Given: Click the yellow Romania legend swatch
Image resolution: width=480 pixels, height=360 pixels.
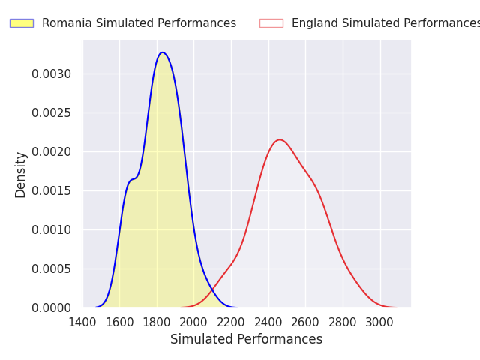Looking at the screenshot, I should pyautogui.click(x=21, y=23).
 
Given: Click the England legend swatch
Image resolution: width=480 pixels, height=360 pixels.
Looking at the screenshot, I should pyautogui.click(x=271, y=23).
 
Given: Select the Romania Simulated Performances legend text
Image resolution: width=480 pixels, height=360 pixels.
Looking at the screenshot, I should pyautogui.click(x=139, y=23).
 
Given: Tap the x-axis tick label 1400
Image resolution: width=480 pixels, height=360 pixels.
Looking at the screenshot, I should pyautogui.click(x=82, y=322).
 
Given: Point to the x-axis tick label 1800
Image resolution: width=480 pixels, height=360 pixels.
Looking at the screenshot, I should pyautogui.click(x=157, y=322).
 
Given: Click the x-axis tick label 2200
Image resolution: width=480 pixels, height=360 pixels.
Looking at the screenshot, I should pyautogui.click(x=231, y=322).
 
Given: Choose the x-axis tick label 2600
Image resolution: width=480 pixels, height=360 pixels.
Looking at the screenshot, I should pyautogui.click(x=305, y=322).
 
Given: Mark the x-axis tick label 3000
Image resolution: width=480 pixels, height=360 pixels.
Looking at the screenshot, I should pyautogui.click(x=380, y=322).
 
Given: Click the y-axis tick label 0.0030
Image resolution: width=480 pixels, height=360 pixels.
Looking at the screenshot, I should pyautogui.click(x=52, y=73).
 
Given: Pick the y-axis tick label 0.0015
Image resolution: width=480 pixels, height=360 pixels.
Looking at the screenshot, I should pyautogui.click(x=52, y=190).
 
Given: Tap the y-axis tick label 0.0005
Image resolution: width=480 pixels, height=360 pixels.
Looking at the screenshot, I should pyautogui.click(x=52, y=268).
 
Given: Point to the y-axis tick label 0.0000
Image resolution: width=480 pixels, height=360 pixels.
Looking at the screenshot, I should pyautogui.click(x=52, y=307).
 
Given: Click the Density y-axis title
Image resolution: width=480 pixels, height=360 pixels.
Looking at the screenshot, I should pyautogui.click(x=21, y=174).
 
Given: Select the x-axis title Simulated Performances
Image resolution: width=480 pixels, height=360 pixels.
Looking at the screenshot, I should pyautogui.click(x=246, y=339).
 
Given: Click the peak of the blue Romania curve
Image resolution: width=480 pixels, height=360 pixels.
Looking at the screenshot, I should pyautogui.click(x=163, y=52).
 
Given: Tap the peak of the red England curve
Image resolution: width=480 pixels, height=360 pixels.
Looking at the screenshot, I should pyautogui.click(x=280, y=139).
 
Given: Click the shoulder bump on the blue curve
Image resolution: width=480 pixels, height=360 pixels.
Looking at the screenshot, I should pyautogui.click(x=132, y=179).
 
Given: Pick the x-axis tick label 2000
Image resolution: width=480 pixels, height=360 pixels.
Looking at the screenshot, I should pyautogui.click(x=193, y=322).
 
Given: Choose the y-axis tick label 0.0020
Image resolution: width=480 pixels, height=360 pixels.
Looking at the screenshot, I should pyautogui.click(x=52, y=151).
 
